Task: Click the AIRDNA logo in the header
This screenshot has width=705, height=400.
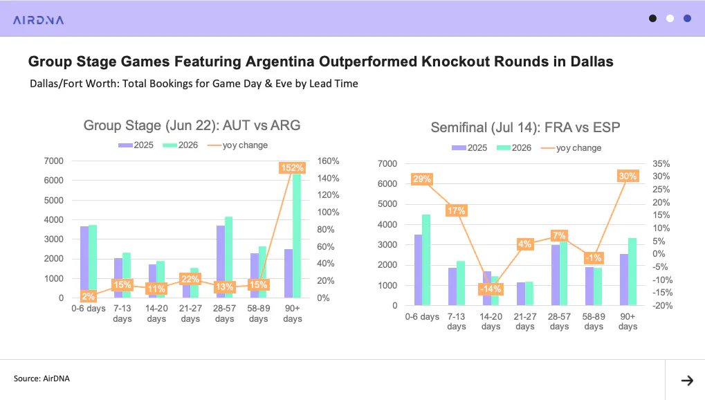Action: (38, 20)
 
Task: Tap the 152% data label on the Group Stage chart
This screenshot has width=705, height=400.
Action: (292, 168)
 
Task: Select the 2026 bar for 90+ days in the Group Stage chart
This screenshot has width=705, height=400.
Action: (297, 236)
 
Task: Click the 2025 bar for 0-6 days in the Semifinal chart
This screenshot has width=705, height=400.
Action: (418, 270)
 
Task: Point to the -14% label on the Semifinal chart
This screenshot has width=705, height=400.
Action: (490, 289)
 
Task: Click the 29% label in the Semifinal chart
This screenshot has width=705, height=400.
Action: (422, 179)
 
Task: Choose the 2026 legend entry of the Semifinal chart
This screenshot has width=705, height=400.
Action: (514, 147)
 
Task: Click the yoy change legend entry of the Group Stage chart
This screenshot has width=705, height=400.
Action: (237, 145)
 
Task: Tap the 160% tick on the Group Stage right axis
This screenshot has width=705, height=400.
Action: (328, 161)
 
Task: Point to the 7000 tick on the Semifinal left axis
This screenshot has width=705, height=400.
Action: (387, 164)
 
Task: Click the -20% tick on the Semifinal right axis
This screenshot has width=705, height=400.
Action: (663, 305)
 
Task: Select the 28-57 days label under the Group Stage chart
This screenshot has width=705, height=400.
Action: (224, 313)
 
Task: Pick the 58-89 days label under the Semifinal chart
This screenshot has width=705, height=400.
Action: (594, 321)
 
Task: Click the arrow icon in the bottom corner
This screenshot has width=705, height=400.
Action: (687, 381)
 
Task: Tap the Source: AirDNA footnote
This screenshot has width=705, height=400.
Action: (42, 379)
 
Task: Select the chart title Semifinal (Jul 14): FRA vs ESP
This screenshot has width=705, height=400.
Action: (525, 127)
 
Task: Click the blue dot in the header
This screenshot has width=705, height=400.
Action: (687, 19)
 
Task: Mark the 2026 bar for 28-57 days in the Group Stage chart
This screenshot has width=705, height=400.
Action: (228, 257)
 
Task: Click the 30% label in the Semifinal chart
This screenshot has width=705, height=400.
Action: (628, 176)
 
